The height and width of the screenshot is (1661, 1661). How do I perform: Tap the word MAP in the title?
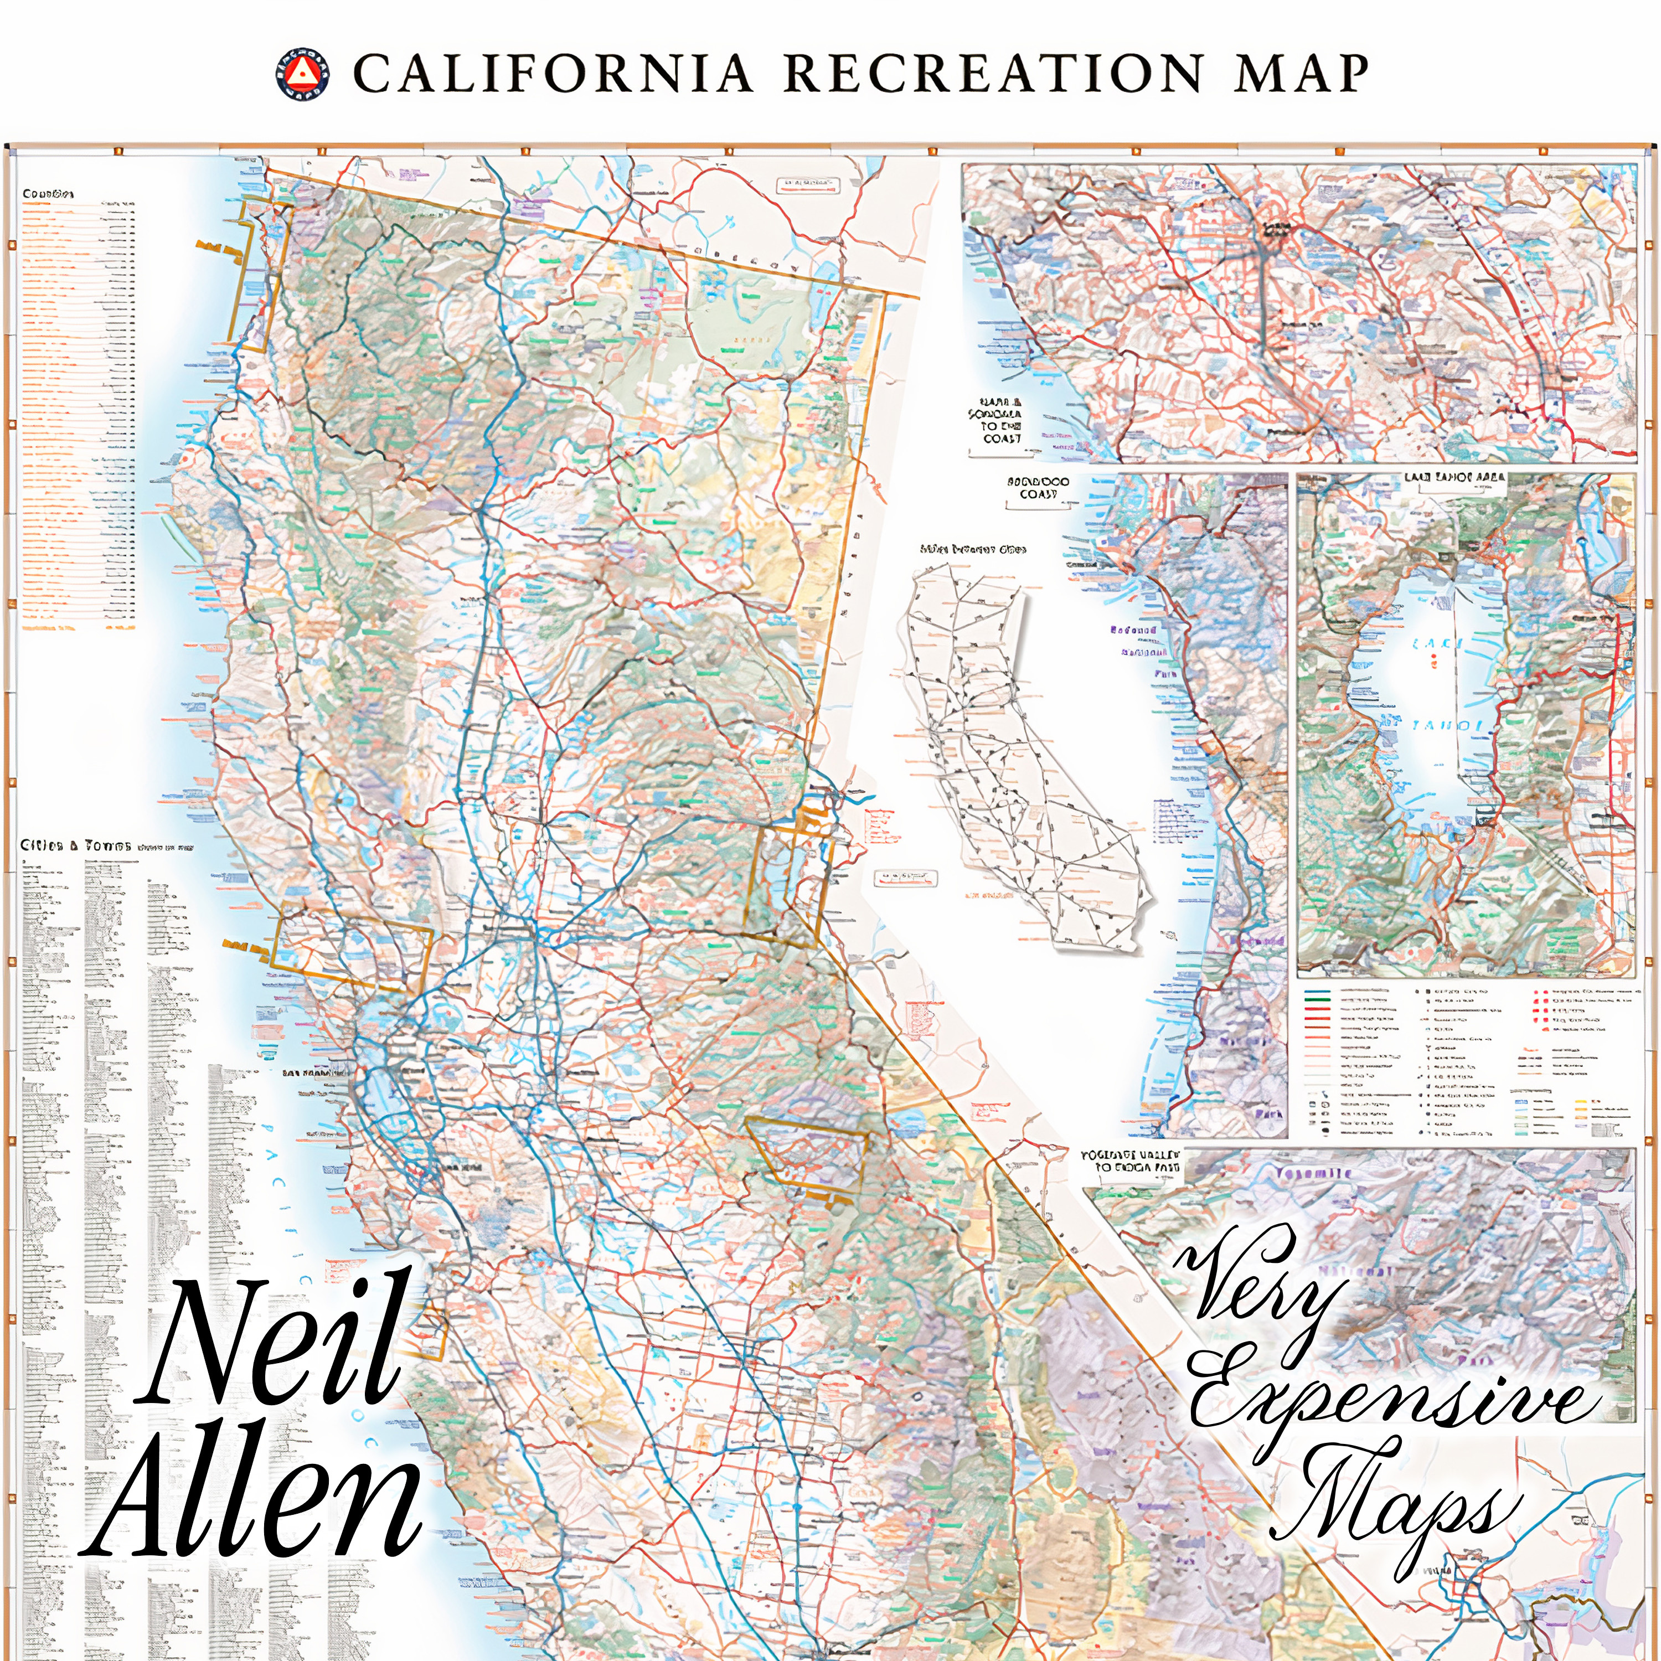[1301, 74]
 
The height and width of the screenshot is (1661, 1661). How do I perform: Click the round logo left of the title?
[303, 74]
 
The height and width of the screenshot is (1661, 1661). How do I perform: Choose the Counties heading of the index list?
[47, 194]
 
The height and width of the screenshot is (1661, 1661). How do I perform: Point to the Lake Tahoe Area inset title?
[1454, 478]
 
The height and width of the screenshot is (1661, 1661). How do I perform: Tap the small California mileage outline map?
[1023, 756]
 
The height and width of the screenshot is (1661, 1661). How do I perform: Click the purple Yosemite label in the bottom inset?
[1313, 1174]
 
